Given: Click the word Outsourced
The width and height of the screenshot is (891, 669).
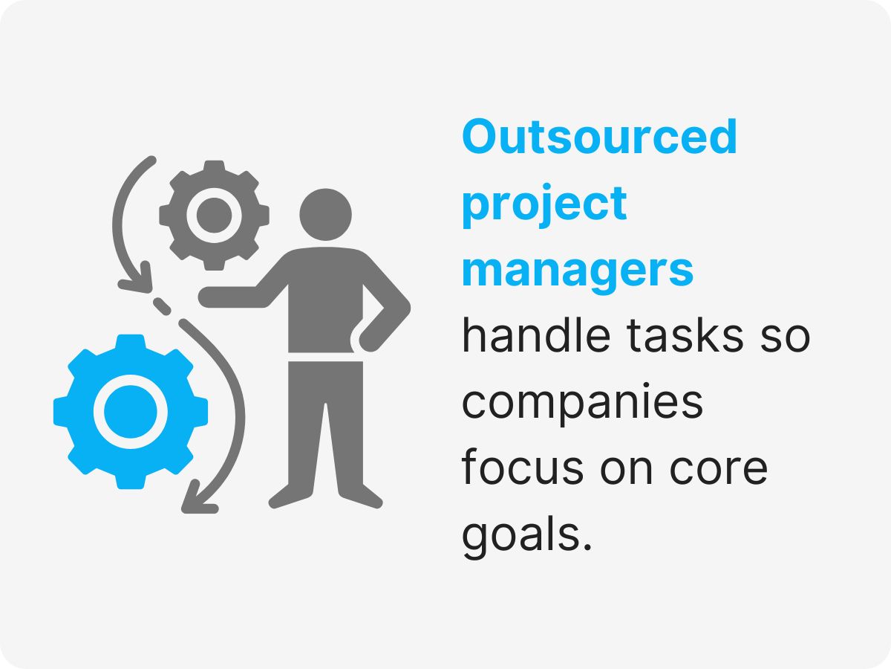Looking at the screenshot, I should [x=599, y=137].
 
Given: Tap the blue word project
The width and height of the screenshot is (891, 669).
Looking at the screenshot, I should [x=544, y=204].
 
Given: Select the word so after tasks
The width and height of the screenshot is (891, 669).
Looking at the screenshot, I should [x=786, y=337].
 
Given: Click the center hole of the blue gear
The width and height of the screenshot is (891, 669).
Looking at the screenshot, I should [x=131, y=411].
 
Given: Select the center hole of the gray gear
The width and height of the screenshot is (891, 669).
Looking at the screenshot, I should [x=214, y=216].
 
